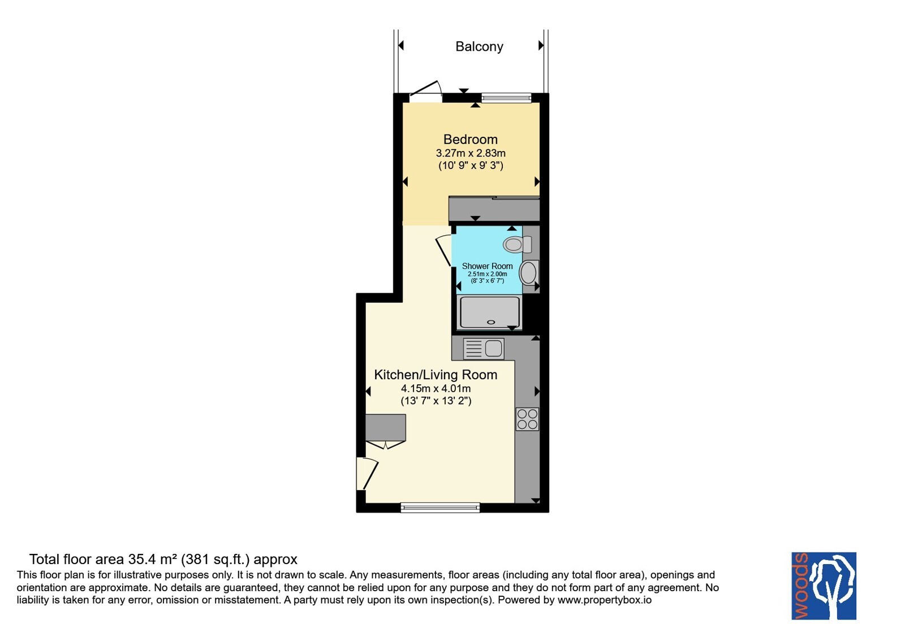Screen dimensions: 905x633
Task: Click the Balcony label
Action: (x=479, y=47)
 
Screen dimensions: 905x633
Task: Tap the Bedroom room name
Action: (x=470, y=139)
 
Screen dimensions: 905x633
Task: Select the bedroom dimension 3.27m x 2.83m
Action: (x=471, y=153)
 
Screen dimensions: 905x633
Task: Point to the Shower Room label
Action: (x=487, y=266)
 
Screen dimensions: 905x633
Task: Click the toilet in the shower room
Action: (x=517, y=244)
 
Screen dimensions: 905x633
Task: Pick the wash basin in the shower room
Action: (x=528, y=272)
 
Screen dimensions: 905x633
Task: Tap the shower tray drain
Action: (x=491, y=322)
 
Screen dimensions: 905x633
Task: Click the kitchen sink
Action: (x=484, y=348)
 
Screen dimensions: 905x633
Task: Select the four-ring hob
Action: (x=527, y=419)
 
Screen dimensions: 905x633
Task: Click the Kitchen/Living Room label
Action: (x=436, y=375)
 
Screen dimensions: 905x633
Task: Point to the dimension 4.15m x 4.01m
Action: (x=436, y=389)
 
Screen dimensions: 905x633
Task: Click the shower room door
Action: (x=443, y=251)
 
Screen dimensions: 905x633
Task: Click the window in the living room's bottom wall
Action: (x=440, y=508)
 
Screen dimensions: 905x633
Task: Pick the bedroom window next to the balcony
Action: (x=506, y=97)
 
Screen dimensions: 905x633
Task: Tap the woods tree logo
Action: (x=824, y=586)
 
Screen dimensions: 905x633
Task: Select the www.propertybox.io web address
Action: (x=605, y=600)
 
